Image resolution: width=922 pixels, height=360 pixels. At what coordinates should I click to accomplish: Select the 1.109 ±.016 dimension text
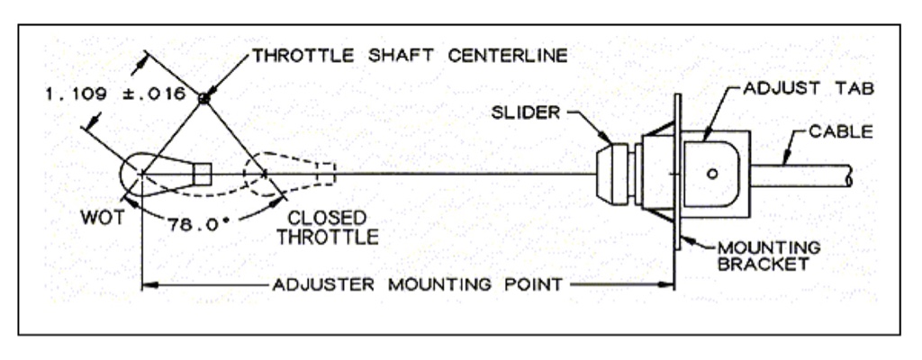[117, 93]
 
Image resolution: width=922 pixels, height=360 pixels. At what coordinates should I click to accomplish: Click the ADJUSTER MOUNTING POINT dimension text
[415, 285]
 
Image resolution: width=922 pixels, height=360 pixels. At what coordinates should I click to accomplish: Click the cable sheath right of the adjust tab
[801, 175]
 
